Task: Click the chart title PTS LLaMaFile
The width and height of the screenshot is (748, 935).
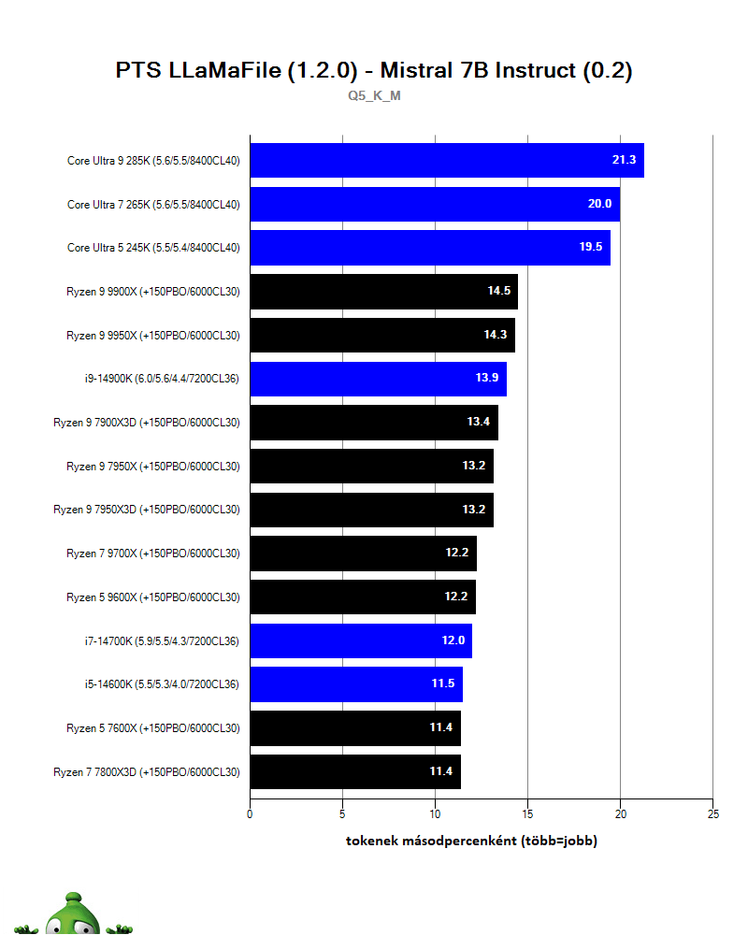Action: pyautogui.click(x=374, y=71)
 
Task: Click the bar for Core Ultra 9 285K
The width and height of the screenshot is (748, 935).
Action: pyautogui.click(x=446, y=160)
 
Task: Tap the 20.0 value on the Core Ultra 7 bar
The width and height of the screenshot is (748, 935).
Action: pyautogui.click(x=599, y=204)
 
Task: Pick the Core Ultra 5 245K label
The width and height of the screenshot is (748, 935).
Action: pyautogui.click(x=153, y=248)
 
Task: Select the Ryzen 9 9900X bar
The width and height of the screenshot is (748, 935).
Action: pyautogui.click(x=383, y=292)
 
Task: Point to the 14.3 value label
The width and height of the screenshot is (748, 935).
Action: pyautogui.click(x=496, y=335)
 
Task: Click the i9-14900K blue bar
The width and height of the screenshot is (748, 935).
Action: pyautogui.click(x=378, y=379)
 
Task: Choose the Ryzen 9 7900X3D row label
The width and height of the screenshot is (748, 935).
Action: pyautogui.click(x=147, y=423)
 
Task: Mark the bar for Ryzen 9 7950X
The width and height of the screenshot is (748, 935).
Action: pyautogui.click(x=371, y=466)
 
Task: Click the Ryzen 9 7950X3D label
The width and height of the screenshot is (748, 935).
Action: pyautogui.click(x=147, y=510)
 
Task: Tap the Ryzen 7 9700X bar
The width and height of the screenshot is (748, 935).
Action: pyautogui.click(x=363, y=554)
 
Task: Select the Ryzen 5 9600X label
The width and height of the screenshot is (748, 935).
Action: pyautogui.click(x=153, y=597)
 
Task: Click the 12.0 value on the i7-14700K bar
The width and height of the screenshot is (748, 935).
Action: pyautogui.click(x=453, y=640)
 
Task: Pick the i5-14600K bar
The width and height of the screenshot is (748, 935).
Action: pyautogui.click(x=355, y=684)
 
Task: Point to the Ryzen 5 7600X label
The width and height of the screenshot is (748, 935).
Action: pyautogui.click(x=153, y=728)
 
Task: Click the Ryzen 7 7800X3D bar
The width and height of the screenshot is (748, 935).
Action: pyautogui.click(x=354, y=771)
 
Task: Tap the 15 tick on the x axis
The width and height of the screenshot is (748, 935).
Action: pyautogui.click(x=527, y=814)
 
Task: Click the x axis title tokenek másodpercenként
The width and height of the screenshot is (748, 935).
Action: pyautogui.click(x=471, y=841)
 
